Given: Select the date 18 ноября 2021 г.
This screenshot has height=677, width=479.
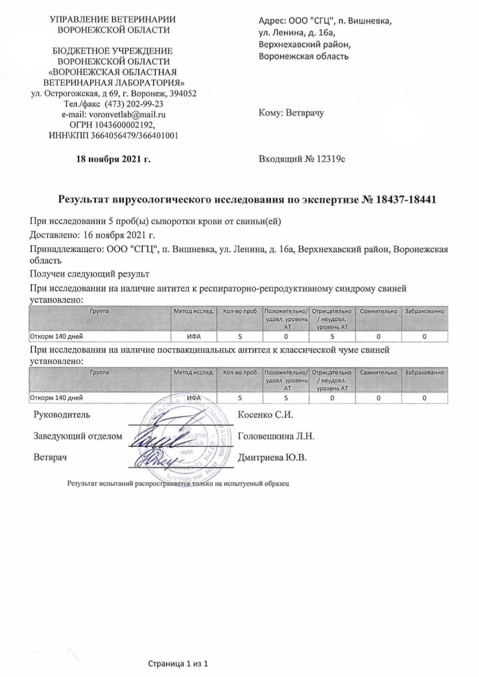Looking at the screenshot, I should pyautogui.click(x=113, y=159).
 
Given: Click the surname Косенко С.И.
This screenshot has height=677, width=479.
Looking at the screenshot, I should pyautogui.click(x=266, y=414).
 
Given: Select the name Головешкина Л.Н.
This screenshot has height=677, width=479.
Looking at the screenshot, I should pyautogui.click(x=276, y=436).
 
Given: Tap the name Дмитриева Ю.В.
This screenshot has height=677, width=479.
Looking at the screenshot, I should pyautogui.click(x=273, y=457).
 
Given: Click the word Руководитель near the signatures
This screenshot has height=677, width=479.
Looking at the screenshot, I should pyautogui.click(x=62, y=414).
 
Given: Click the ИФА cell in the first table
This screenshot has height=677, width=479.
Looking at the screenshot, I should pyautogui.click(x=194, y=337).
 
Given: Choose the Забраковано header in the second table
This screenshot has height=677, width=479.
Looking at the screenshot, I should pyautogui.click(x=424, y=373).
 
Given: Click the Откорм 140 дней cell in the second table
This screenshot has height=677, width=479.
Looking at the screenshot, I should pyautogui.click(x=56, y=398).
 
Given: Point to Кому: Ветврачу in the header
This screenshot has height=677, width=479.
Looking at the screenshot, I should pyautogui.click(x=291, y=113).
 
